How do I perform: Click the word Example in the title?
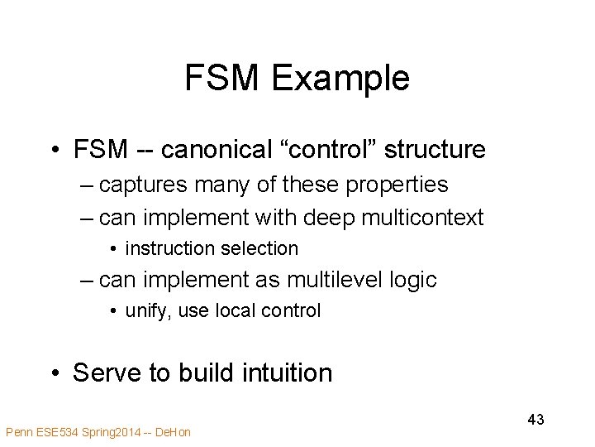pos(340,79)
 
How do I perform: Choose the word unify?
pos(143,311)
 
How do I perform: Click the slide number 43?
pos(535,420)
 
